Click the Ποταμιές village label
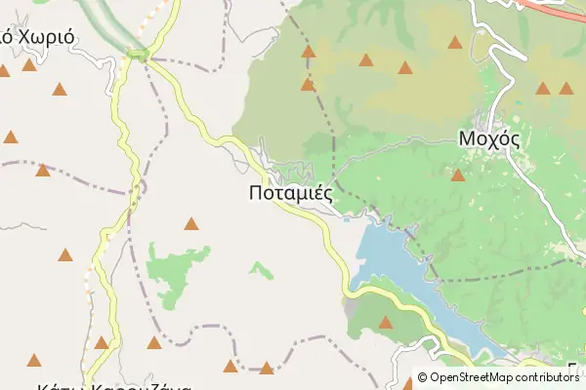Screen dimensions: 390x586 [x=291, y=193]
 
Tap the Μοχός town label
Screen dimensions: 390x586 [x=488, y=138]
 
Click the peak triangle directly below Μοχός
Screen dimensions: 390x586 [x=457, y=175]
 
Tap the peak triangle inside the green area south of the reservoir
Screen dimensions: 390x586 [x=385, y=322]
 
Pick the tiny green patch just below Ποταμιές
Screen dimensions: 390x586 [x=260, y=268]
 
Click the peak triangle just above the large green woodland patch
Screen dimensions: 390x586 [x=190, y=224]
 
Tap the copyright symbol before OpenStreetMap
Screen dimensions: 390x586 [x=423, y=377]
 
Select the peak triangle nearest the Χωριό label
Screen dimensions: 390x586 [x=29, y=65]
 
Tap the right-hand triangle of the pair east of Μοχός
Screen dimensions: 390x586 [x=566, y=89]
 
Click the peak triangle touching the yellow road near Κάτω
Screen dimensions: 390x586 [x=102, y=342]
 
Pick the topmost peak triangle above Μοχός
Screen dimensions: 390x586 [x=455, y=42]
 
